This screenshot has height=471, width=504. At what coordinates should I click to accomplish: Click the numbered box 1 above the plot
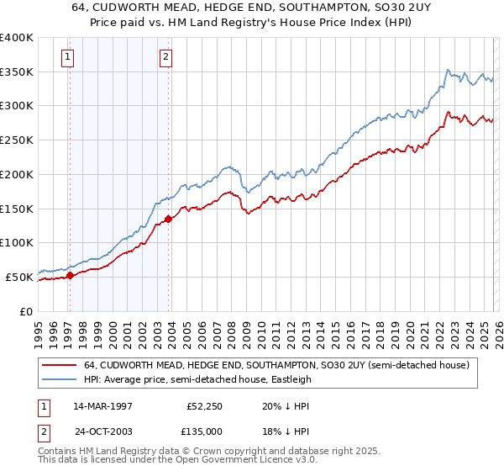pos(67,57)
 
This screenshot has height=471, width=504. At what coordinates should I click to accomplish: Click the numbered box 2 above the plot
pos(165,57)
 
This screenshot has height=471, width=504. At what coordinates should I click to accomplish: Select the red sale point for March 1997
pos(71,275)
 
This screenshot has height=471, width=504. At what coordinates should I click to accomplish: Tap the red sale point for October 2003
pos(168,219)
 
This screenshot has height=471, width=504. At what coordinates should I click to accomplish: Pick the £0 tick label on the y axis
pos(27,311)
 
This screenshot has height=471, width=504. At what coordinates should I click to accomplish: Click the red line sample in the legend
pos(60,365)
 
